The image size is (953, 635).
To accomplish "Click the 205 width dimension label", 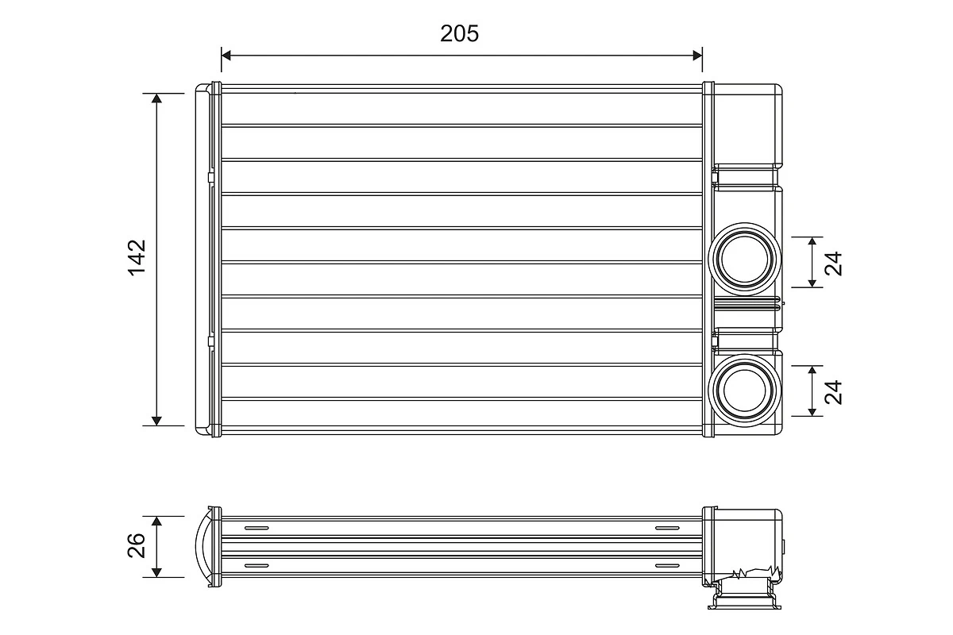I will coord(460,33).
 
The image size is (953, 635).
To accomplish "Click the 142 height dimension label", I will coord(137,257).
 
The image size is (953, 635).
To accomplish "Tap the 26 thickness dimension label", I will coord(137,545).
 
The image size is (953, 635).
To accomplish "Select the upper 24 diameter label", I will coord(833,262).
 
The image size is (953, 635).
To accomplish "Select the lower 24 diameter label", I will coord(833,391).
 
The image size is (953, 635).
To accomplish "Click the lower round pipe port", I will coord(744,390).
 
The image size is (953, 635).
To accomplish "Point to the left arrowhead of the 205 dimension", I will coord(226,55).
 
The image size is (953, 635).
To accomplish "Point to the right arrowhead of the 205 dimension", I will coord(697,55).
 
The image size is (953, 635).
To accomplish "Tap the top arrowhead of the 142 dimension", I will coord(156,98).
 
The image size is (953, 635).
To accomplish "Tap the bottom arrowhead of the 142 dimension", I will coord(156,420).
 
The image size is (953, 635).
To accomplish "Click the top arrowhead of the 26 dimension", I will coord(156,521).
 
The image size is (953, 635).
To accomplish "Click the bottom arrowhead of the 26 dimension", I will coord(156,571).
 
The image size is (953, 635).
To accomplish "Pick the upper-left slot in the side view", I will coord(257,528).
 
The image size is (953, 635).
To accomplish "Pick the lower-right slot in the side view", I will coord(667,565).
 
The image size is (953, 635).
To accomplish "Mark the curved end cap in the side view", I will coord(203,546).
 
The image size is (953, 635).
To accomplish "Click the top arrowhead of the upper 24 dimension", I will coord(812,241).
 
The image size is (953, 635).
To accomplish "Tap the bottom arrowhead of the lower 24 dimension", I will coord(812,410).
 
